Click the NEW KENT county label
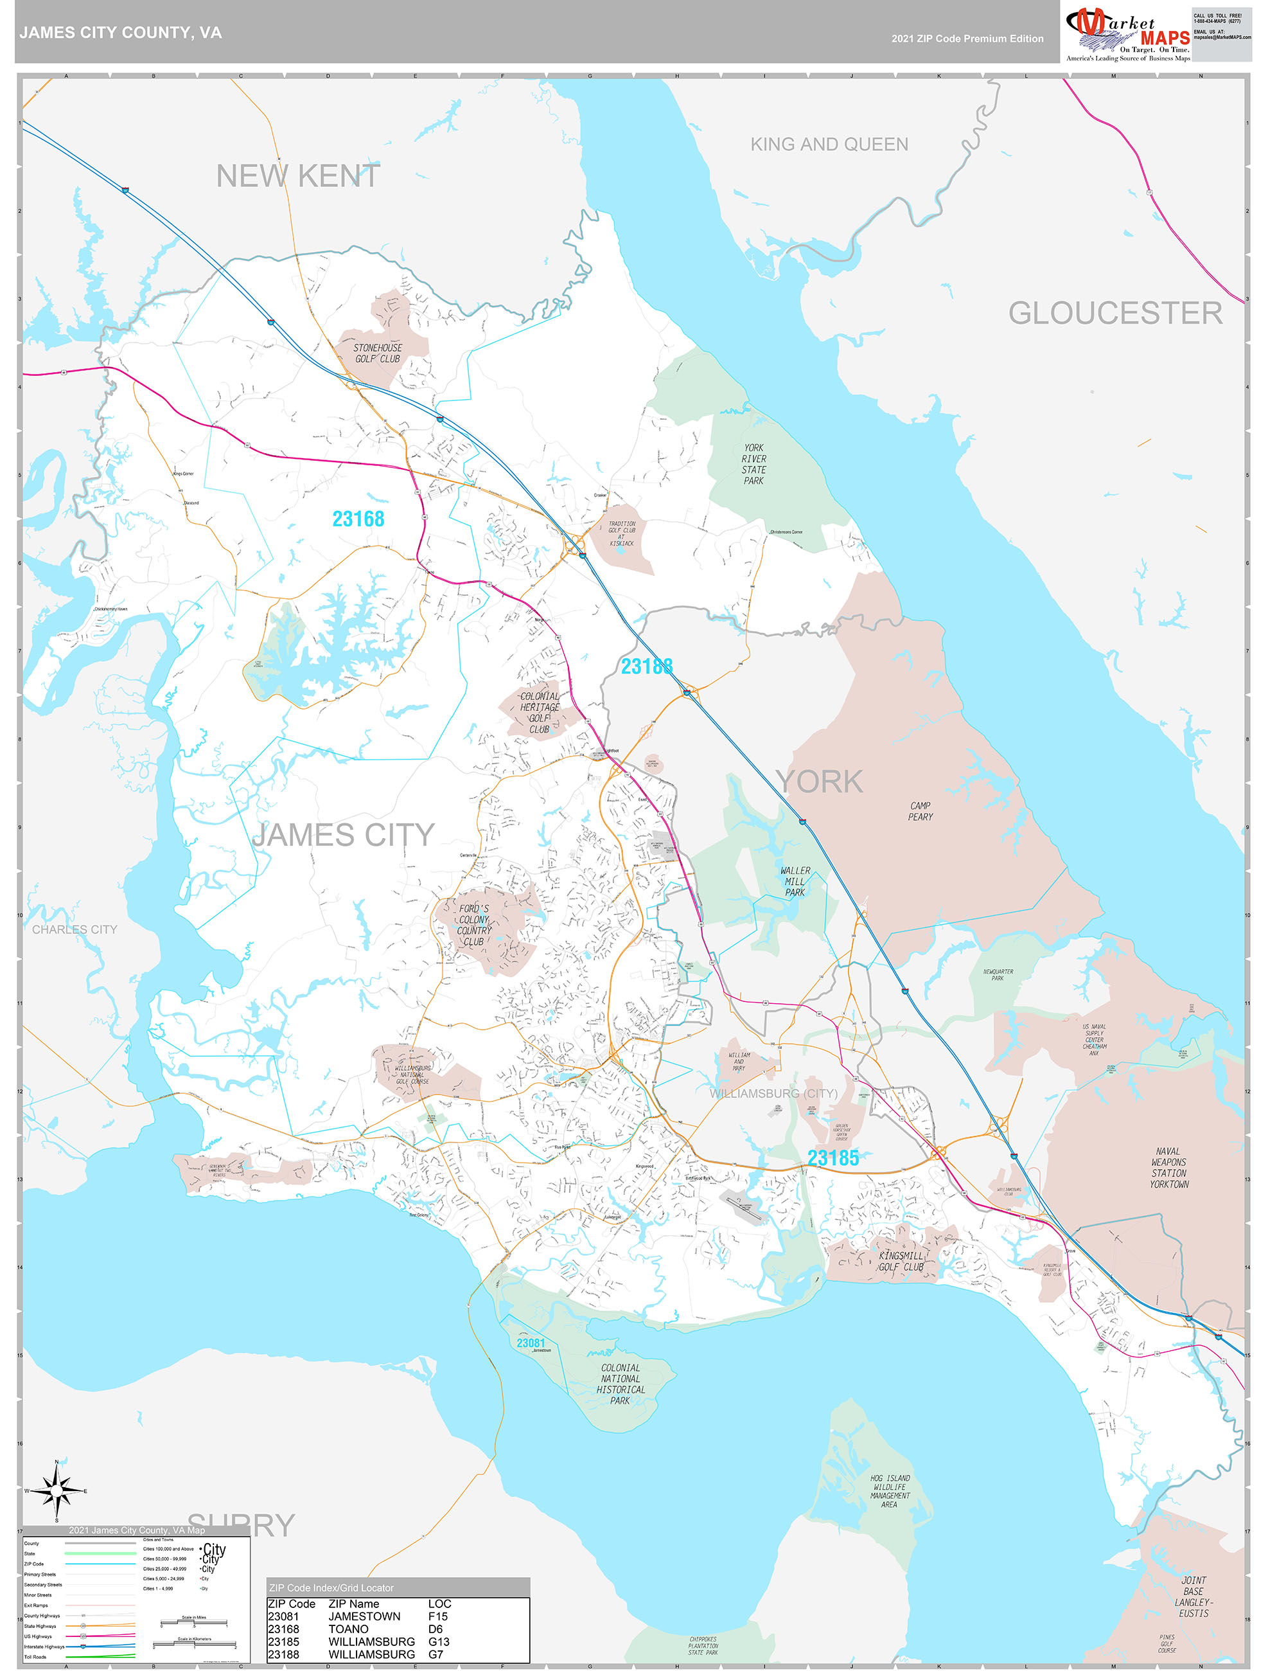pos(297,176)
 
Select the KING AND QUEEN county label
pos(829,145)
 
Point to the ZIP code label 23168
pos(358,519)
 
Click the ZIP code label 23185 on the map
pos(832,1158)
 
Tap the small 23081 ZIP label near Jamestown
pos(530,1343)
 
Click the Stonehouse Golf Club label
pos(378,353)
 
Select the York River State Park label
pos(753,464)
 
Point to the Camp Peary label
pos(920,811)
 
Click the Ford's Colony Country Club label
pos(473,925)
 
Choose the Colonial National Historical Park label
pos(620,1384)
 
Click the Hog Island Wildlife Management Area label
pos(890,1491)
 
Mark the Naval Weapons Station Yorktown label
pos(1168,1168)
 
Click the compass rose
pos(57,1490)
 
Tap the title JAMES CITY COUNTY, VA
pos(121,33)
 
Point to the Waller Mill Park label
pos(795,882)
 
